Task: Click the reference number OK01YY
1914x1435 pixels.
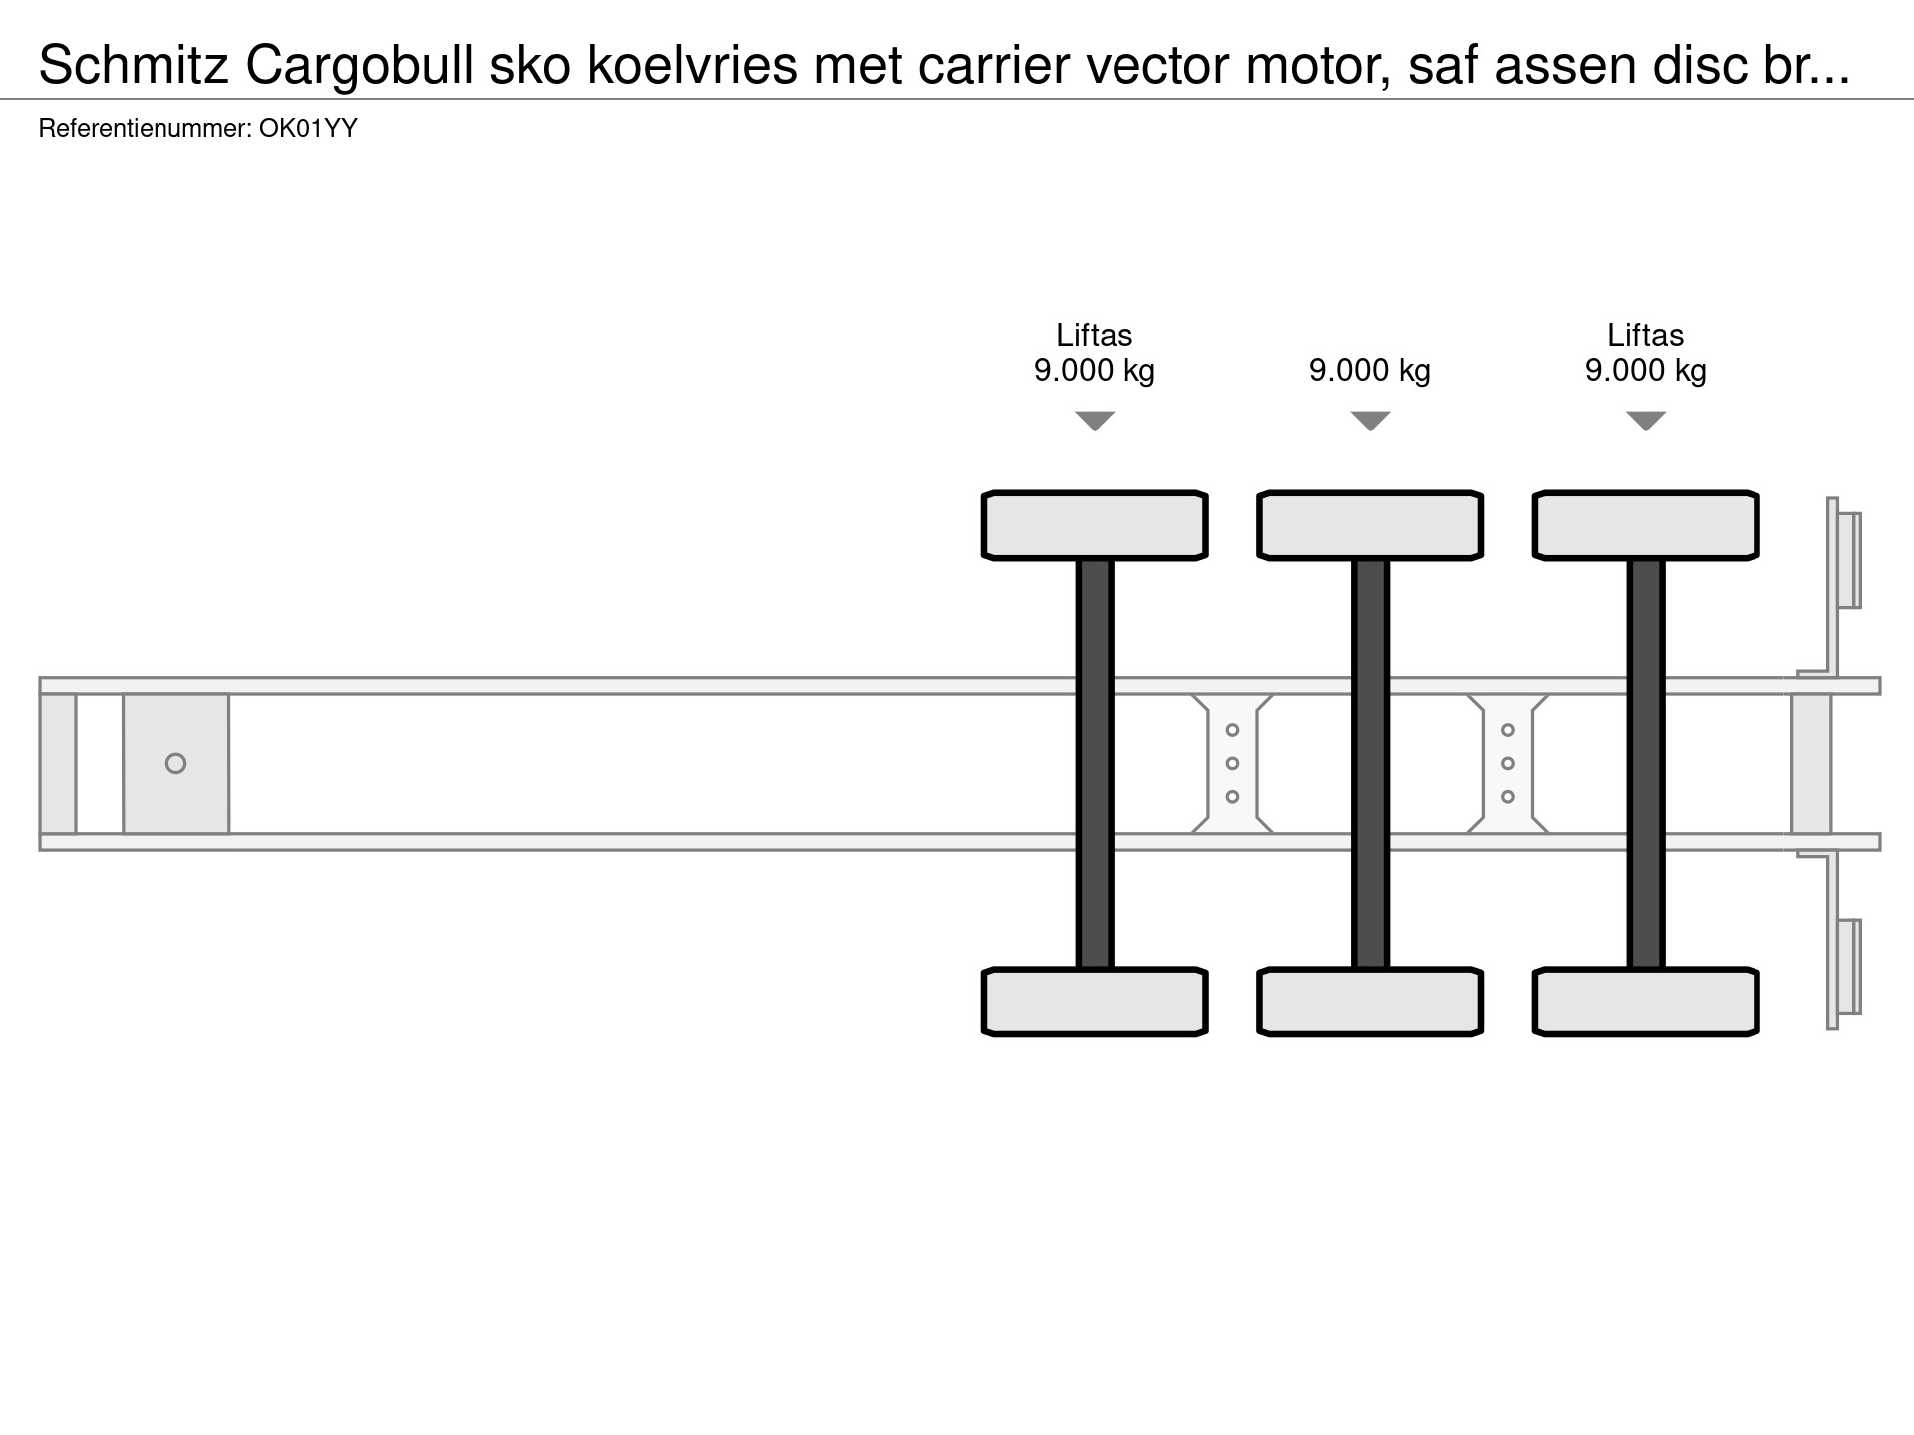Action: point(308,128)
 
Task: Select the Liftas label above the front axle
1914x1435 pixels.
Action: point(1095,335)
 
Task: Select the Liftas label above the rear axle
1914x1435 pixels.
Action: point(1646,335)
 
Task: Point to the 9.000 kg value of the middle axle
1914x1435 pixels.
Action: point(1370,371)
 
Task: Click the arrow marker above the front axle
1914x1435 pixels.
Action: point(1095,421)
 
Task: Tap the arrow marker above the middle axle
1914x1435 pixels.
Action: point(1370,421)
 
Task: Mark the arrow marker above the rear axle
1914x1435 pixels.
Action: point(1646,421)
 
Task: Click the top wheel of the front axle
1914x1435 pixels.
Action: point(1095,525)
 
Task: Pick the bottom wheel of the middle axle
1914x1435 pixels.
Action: point(1370,1002)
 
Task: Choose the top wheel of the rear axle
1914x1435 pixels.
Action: point(1646,525)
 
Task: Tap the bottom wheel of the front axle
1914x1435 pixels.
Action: point(1095,1002)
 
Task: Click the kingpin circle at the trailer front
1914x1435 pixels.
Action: point(175,763)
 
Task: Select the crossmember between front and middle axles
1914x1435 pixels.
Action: point(1232,763)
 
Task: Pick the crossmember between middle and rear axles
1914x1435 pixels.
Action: point(1508,763)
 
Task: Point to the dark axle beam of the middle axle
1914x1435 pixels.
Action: point(1370,763)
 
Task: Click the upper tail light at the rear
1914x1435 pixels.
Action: point(1849,560)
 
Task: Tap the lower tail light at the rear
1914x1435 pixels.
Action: point(1849,967)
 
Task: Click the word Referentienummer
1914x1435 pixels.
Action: point(146,128)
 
